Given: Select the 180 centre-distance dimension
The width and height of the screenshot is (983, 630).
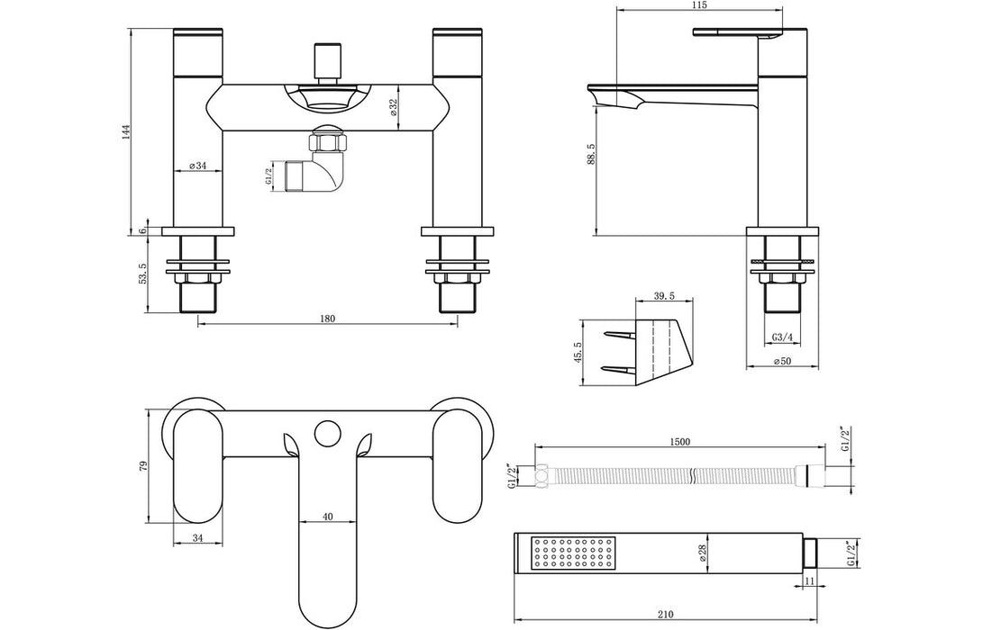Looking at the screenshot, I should pos(327,318).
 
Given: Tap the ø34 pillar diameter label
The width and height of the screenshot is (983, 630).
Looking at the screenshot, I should pos(197,166).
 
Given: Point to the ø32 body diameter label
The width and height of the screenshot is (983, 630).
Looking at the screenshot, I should pos(394,107).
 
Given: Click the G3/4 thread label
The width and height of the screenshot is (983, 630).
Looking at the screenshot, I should pos(782,337).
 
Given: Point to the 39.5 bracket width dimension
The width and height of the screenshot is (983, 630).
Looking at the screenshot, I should pos(662,297).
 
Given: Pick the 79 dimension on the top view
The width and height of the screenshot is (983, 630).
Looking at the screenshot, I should pos(141,465).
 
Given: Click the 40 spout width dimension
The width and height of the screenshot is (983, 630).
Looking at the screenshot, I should pos(327,517).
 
